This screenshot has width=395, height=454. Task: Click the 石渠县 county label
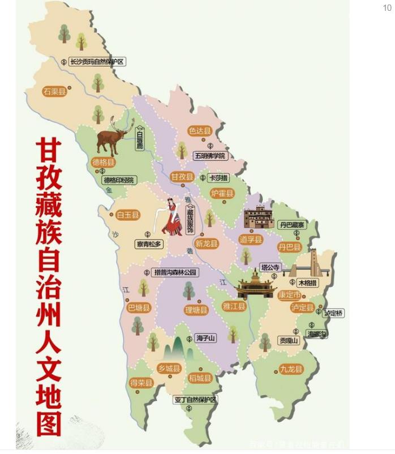click(x=54, y=91)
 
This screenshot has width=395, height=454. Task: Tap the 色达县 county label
click(x=200, y=131)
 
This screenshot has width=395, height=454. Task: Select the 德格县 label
click(x=103, y=163)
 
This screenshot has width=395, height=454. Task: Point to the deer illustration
click(x=114, y=136)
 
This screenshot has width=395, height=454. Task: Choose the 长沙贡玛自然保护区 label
click(x=96, y=62)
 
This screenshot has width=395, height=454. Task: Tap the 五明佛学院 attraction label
click(x=210, y=155)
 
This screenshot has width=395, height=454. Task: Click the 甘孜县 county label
click(x=183, y=177)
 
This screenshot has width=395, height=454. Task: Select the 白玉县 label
click(x=128, y=215)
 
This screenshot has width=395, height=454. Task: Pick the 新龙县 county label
click(x=206, y=243)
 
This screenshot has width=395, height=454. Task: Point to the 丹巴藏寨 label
click(x=292, y=225)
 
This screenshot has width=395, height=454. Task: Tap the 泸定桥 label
click(x=334, y=312)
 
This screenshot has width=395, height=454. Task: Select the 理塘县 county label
click(x=196, y=310)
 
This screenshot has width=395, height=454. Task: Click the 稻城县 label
click(x=200, y=378)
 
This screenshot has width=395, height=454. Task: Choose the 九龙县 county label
click(x=291, y=369)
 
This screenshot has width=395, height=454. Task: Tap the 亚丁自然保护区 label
click(x=195, y=400)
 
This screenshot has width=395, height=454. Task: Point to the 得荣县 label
click(x=141, y=383)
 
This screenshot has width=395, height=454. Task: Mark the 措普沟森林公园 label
click(x=176, y=272)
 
